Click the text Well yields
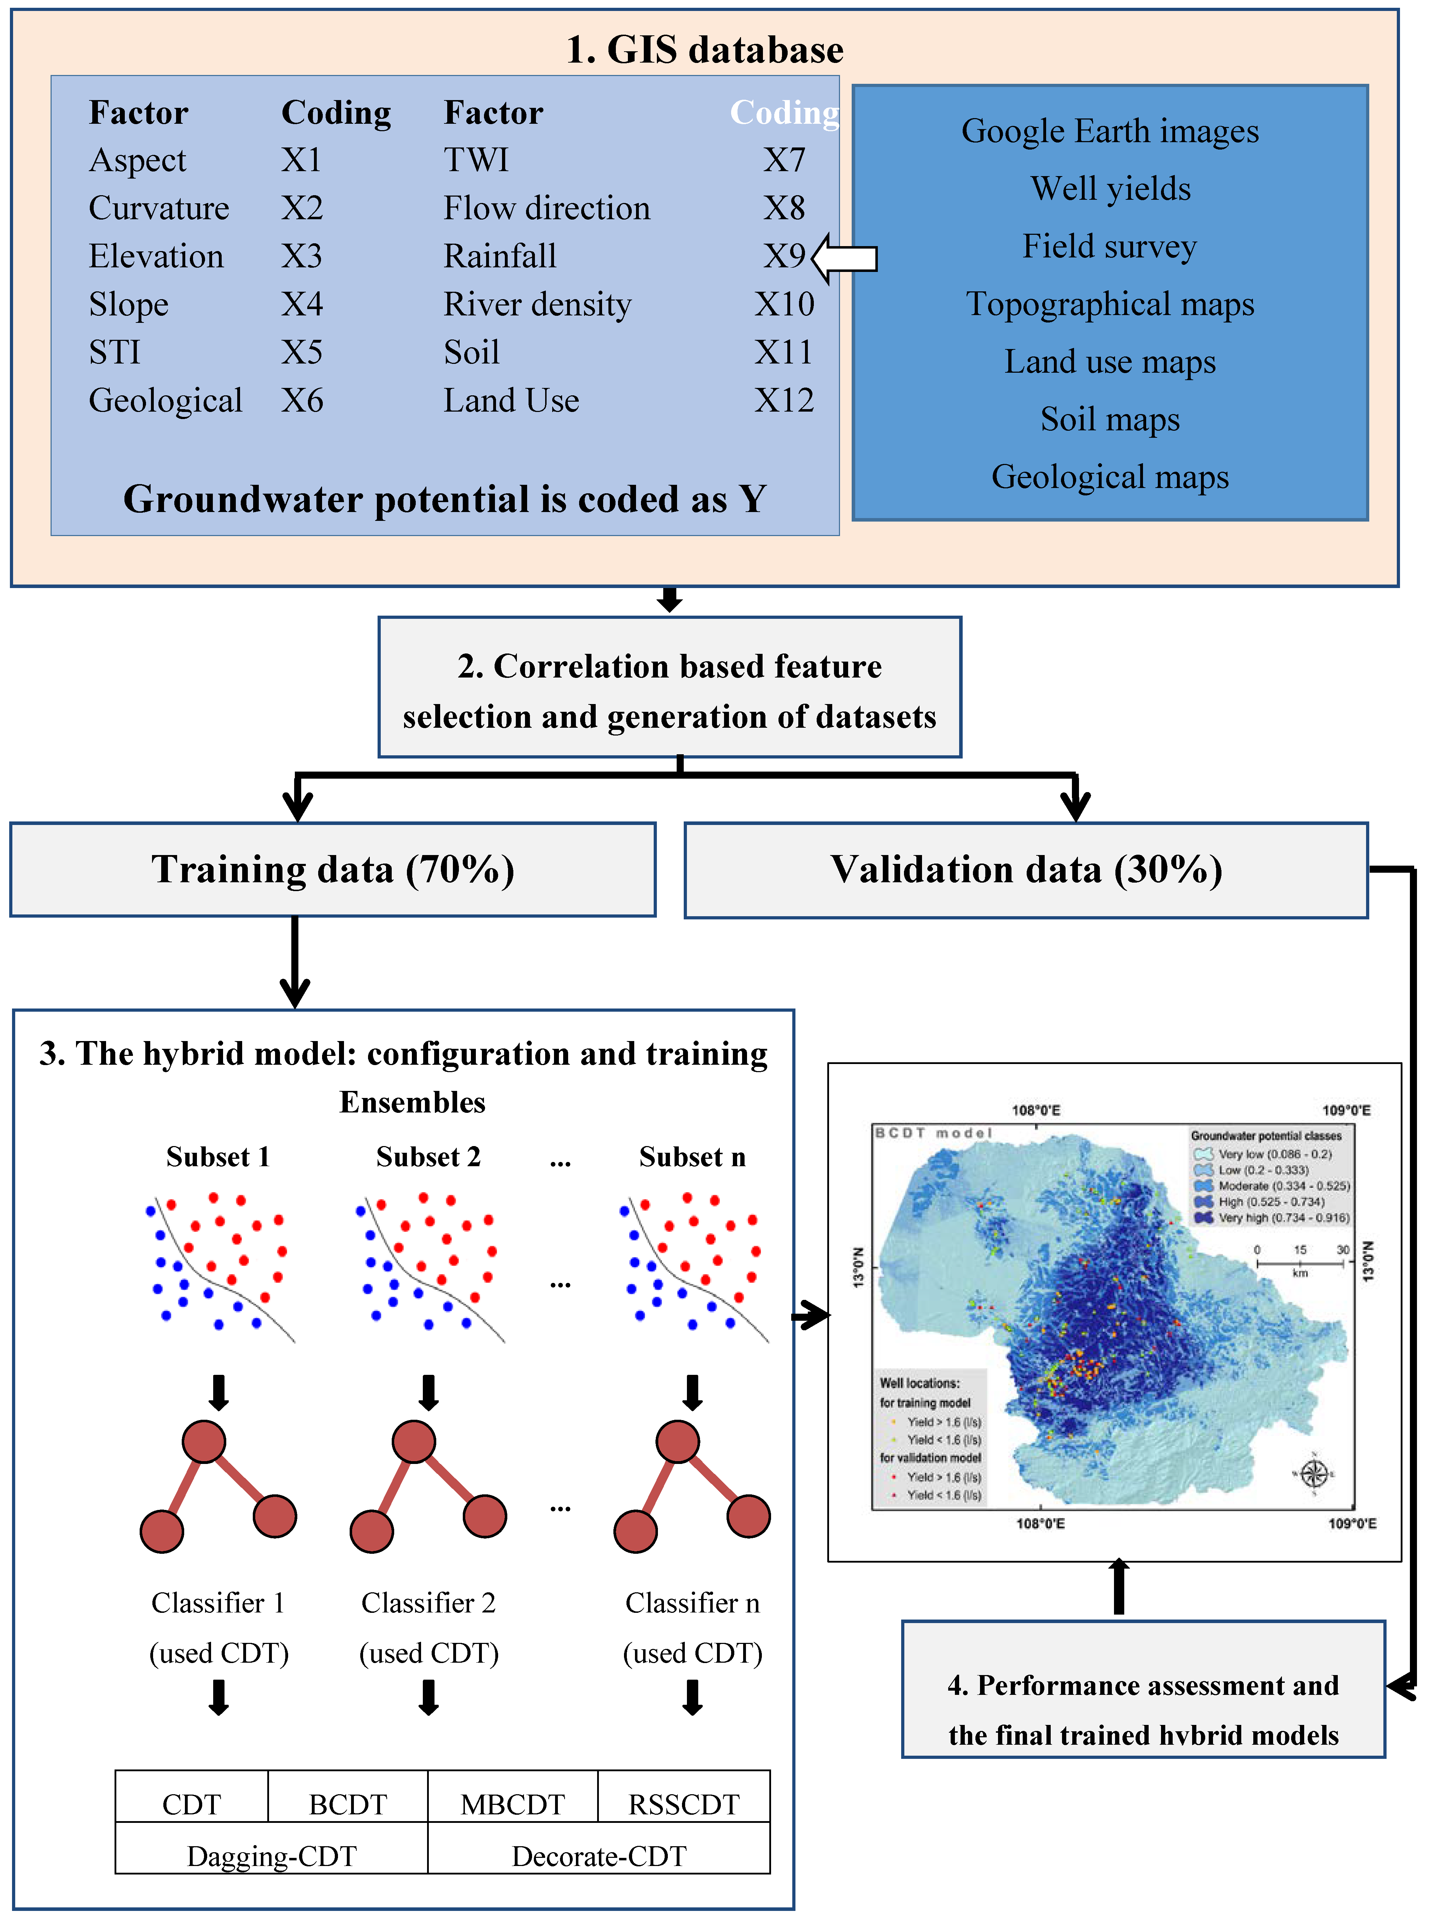pos(1110,188)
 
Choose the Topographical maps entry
pos(1110,304)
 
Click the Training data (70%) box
pos(333,870)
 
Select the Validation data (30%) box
pos(1026,870)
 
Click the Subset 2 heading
pos(428,1157)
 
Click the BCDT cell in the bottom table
pos(348,1804)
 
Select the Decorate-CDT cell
pos(599,1855)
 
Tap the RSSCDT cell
pos(684,1804)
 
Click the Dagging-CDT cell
pos(271,1855)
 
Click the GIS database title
pos(705,50)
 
